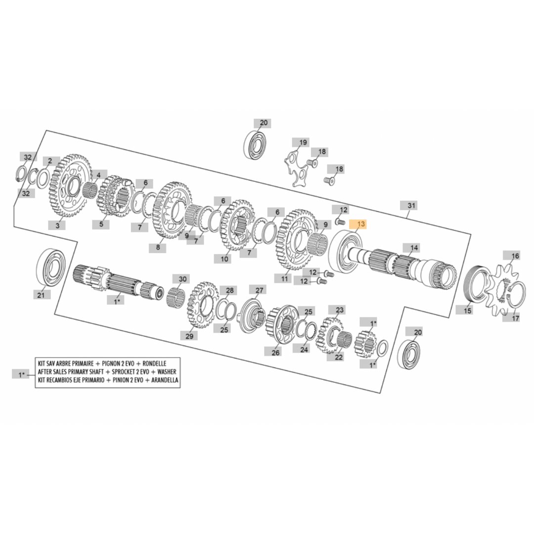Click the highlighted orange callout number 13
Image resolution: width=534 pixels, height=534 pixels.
tap(361, 224)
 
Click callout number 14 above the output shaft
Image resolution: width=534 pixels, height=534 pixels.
tap(414, 248)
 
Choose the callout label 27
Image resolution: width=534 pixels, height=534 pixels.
tap(260, 290)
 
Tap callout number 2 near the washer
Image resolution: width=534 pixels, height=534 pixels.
tap(49, 161)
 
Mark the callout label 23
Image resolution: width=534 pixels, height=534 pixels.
tap(340, 310)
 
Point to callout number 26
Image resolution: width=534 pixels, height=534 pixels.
tap(275, 353)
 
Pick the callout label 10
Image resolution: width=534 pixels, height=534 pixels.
tap(225, 259)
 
